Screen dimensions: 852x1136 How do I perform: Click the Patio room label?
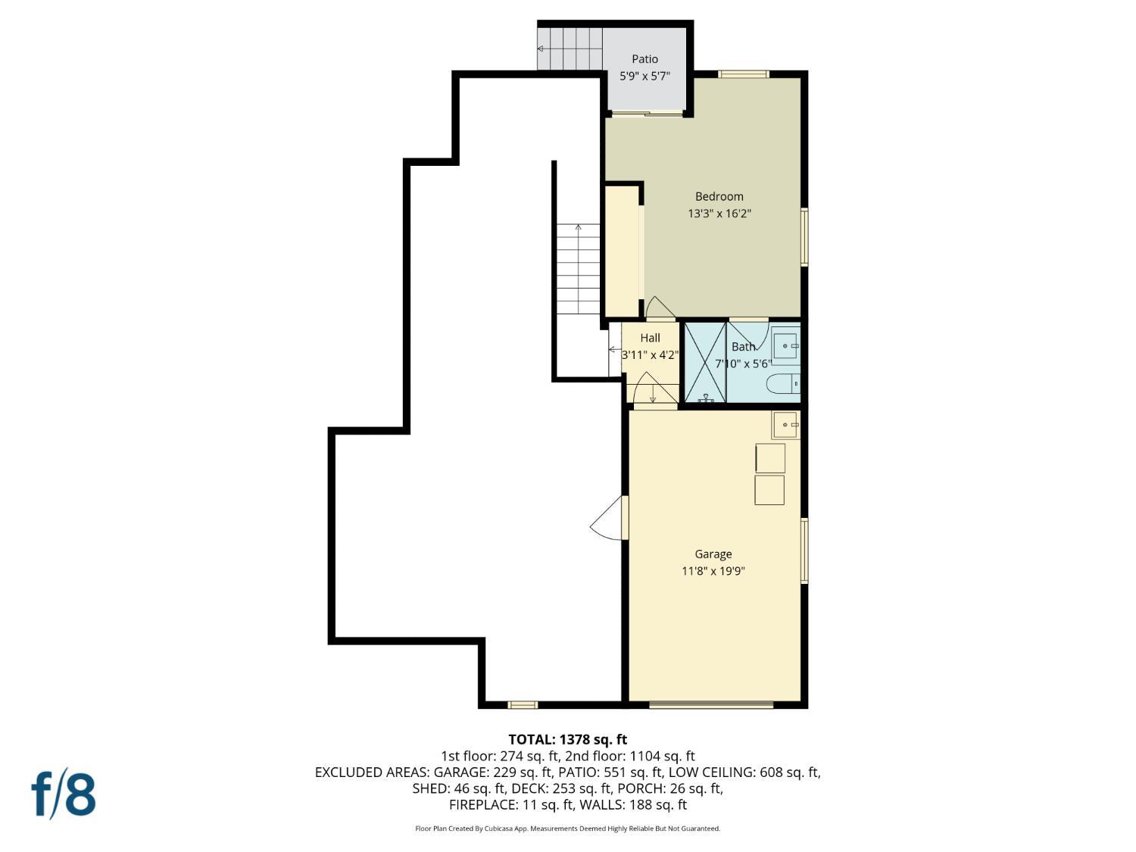pyautogui.click(x=644, y=59)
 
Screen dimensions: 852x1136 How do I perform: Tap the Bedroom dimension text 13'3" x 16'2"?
pyautogui.click(x=719, y=214)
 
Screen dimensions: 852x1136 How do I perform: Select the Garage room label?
pyautogui.click(x=713, y=554)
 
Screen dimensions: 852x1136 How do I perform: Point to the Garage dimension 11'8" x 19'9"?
pyautogui.click(x=713, y=571)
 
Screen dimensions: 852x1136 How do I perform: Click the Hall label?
pyautogui.click(x=650, y=338)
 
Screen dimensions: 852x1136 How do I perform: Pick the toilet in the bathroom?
pyautogui.click(x=783, y=385)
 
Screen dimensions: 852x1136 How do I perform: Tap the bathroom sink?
pyautogui.click(x=786, y=346)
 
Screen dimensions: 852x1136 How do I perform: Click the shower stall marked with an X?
pyautogui.click(x=705, y=363)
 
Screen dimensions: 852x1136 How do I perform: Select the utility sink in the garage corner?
pyautogui.click(x=785, y=425)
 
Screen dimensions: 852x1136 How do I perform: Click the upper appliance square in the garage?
pyautogui.click(x=770, y=458)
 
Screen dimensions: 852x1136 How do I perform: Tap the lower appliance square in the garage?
pyautogui.click(x=769, y=490)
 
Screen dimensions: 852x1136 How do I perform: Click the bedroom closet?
pyautogui.click(x=622, y=251)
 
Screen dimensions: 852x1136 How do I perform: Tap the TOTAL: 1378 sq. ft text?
pyautogui.click(x=567, y=739)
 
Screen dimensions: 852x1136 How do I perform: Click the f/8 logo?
pyautogui.click(x=64, y=793)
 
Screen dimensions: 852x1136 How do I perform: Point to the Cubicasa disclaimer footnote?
pyautogui.click(x=567, y=829)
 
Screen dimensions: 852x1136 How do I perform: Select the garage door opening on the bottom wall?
pyautogui.click(x=711, y=705)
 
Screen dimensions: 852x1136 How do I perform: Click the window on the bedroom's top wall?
pyautogui.click(x=744, y=74)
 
